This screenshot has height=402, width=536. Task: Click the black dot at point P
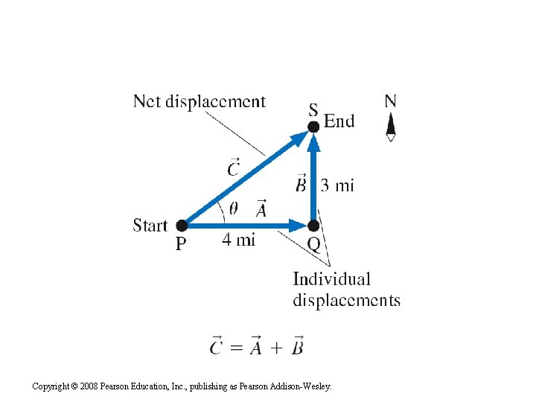(x=182, y=225)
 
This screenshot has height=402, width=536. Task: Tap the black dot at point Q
(x=313, y=225)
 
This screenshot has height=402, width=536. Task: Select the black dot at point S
(x=313, y=126)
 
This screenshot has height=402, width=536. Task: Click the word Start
(x=150, y=225)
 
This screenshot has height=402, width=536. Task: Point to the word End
(x=339, y=121)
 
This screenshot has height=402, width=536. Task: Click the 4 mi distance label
(x=238, y=240)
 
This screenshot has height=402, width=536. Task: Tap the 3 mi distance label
(x=337, y=185)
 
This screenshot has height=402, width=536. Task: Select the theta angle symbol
(x=234, y=209)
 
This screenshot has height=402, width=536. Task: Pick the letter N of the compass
(x=390, y=101)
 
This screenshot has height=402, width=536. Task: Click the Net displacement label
(x=200, y=101)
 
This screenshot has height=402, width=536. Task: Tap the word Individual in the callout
(x=331, y=279)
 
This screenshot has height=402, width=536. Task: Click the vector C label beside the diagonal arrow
(x=234, y=167)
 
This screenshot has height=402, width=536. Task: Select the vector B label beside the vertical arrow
(x=300, y=182)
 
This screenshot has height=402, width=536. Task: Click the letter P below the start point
(x=181, y=243)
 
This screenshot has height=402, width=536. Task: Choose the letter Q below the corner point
(x=314, y=245)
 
